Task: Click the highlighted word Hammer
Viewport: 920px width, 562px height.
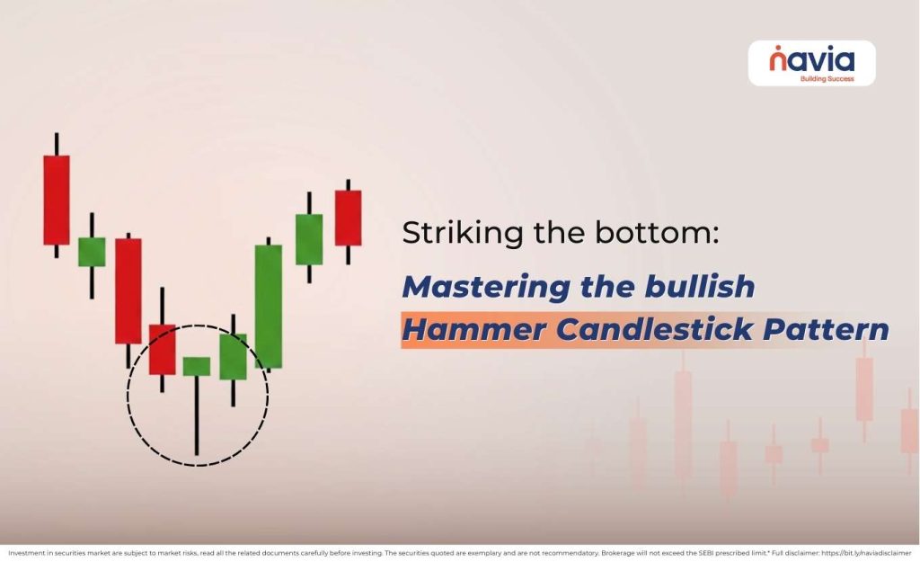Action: pyautogui.click(x=473, y=330)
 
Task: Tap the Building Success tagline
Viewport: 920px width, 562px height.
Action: pyautogui.click(x=826, y=78)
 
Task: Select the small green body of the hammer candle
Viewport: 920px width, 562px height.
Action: pyautogui.click(x=196, y=366)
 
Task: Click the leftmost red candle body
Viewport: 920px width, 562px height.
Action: pyautogui.click(x=57, y=199)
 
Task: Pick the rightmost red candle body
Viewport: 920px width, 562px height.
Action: pyautogui.click(x=348, y=217)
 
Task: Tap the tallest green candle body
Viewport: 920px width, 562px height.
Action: pyautogui.click(x=268, y=306)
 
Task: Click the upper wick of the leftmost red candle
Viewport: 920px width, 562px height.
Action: pyautogui.click(x=57, y=144)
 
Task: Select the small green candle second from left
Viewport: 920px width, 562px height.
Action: pyautogui.click(x=92, y=252)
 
